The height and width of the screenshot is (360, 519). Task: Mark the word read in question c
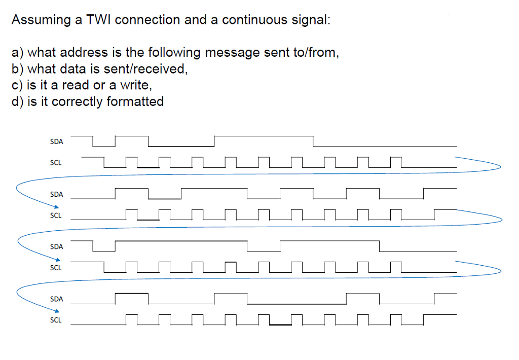pyautogui.click(x=77, y=85)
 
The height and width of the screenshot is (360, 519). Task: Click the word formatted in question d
pyautogui.click(x=135, y=101)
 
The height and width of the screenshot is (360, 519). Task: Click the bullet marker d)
pyautogui.click(x=17, y=102)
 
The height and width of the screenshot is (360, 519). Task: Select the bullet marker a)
pyautogui.click(x=17, y=53)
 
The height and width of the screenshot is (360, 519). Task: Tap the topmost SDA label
pyautogui.click(x=57, y=142)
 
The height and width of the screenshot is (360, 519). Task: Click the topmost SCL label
pyautogui.click(x=56, y=163)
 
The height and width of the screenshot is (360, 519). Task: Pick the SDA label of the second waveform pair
pyautogui.click(x=57, y=194)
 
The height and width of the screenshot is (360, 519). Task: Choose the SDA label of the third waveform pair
pyautogui.click(x=57, y=247)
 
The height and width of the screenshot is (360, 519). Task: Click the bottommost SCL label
pyautogui.click(x=56, y=320)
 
